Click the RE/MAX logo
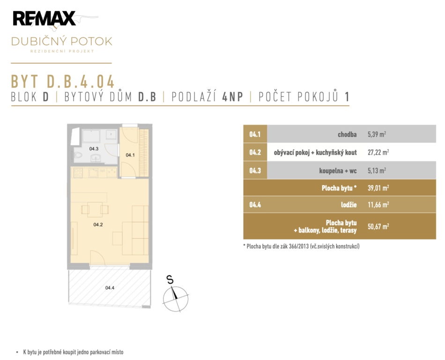pyautogui.click(x=44, y=18)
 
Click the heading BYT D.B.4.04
pyautogui.click(x=62, y=82)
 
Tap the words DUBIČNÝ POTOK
pyautogui.click(x=62, y=41)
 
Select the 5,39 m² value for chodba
pyautogui.click(x=377, y=134)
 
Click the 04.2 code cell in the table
pyautogui.click(x=255, y=152)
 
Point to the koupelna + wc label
pyautogui.click(x=338, y=171)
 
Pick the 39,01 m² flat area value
pyautogui.click(x=378, y=187)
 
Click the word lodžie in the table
pyautogui.click(x=349, y=205)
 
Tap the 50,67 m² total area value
pyautogui.click(x=378, y=226)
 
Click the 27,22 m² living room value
pyautogui.click(x=378, y=152)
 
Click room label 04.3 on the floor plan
pyautogui.click(x=94, y=149)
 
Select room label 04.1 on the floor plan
pyautogui.click(x=130, y=155)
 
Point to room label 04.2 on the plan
pyautogui.click(x=98, y=225)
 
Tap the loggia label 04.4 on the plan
pyautogui.click(x=110, y=288)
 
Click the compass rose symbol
pyautogui.click(x=176, y=299)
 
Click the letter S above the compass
pyautogui.click(x=170, y=280)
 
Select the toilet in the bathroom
pyautogui.click(x=78, y=156)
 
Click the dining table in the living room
pyautogui.click(x=95, y=210)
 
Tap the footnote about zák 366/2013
pyautogui.click(x=301, y=246)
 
